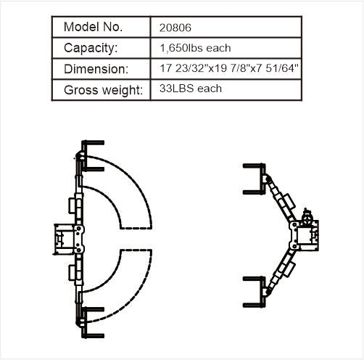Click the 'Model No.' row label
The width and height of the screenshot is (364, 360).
(94, 27)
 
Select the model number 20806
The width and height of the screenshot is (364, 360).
(175, 28)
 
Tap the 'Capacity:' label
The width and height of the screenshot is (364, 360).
(91, 48)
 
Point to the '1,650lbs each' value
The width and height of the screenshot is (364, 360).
(195, 48)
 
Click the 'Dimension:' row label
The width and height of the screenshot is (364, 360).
(96, 69)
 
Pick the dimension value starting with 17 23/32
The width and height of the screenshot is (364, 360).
(229, 68)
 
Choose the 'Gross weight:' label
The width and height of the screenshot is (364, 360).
(104, 90)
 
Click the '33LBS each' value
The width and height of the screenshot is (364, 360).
(191, 89)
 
